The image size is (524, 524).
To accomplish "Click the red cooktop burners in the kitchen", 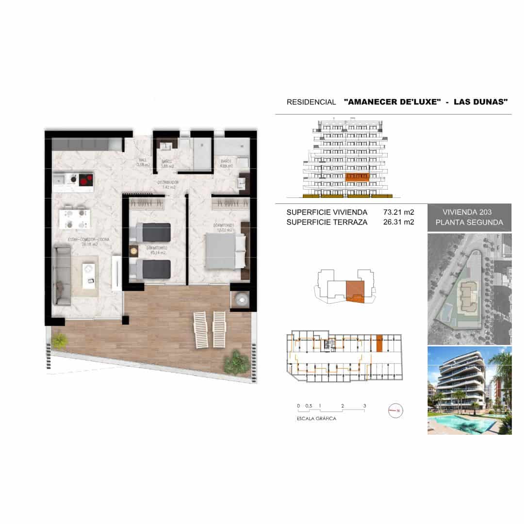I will coord(86,180).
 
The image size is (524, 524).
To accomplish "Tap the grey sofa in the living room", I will coord(62,275).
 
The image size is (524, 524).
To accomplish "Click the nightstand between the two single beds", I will coord(133,251).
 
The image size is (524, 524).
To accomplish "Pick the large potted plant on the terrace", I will coord(237,362).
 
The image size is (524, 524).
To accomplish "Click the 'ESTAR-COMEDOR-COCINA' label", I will coord(88,240).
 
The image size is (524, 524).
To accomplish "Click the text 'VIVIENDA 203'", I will coord(467,212).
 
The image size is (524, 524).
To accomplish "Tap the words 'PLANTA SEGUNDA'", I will coord(469,223).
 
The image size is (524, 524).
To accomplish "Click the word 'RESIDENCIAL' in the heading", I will coord(311,102).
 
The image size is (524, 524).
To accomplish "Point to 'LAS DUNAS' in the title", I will coord(480,102).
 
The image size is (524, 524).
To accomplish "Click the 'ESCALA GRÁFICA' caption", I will coord(316,418).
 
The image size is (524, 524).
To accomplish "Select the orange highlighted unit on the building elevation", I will coord(357,177).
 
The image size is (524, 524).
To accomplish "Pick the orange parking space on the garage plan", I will coord(379,343).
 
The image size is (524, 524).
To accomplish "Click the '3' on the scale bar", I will coord(364,406).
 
